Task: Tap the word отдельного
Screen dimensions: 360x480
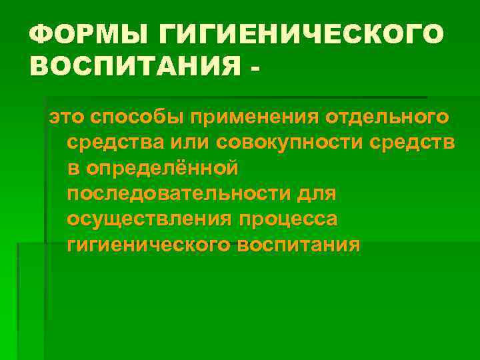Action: [387, 118]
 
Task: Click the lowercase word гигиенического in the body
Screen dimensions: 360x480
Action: [148, 245]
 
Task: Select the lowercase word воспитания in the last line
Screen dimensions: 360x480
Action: [299, 245]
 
